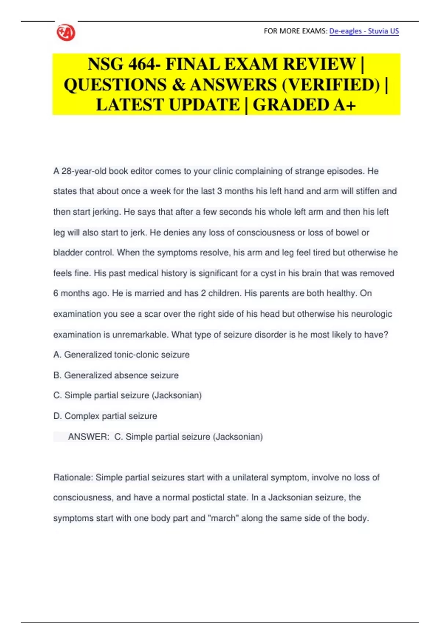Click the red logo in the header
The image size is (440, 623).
pyautogui.click(x=66, y=33)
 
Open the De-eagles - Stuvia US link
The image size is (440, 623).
pyautogui.click(x=364, y=31)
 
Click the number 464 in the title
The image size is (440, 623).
pyautogui.click(x=142, y=64)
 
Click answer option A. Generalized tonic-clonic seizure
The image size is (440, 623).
pyautogui.click(x=121, y=355)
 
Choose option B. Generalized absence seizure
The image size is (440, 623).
pyautogui.click(x=116, y=375)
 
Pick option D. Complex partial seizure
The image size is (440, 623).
pyautogui.click(x=105, y=416)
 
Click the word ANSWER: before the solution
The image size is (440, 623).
pyautogui.click(x=88, y=437)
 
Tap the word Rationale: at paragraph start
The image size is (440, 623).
pyautogui.click(x=73, y=478)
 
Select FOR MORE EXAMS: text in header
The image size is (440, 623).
pyautogui.click(x=295, y=31)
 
